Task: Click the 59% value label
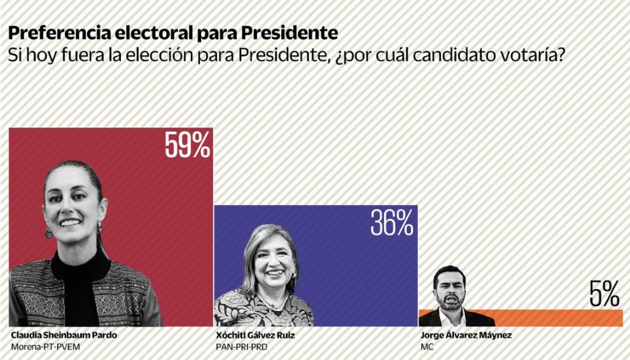(x=187, y=146)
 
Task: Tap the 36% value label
(x=392, y=223)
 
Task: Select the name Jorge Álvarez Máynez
(x=457, y=335)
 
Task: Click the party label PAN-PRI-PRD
(x=242, y=347)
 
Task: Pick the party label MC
(x=427, y=347)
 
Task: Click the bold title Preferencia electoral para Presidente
(x=172, y=32)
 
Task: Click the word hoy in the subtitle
(x=32, y=55)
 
